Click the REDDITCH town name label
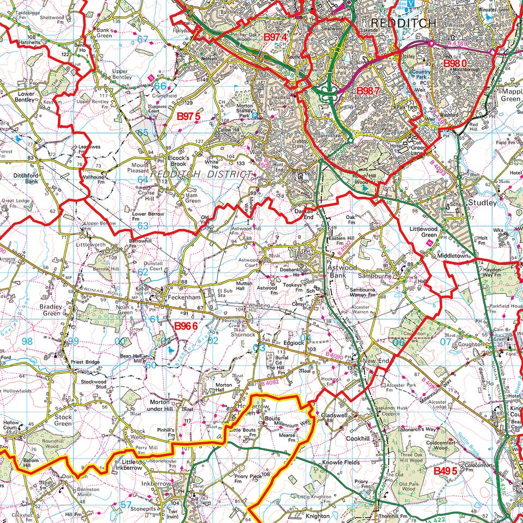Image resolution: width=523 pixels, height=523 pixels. [x=404, y=23]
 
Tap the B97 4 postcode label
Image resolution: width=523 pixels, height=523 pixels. [x=276, y=37]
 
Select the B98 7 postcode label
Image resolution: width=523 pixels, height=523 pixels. [x=368, y=90]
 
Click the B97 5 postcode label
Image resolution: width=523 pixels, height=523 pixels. [x=189, y=116]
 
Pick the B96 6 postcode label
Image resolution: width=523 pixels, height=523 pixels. [x=185, y=325]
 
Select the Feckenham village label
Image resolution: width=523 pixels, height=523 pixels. [x=182, y=299]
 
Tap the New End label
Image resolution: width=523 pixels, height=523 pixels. [x=376, y=362]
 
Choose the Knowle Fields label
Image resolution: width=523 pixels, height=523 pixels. [x=340, y=463]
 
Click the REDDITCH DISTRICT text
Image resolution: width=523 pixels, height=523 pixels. [x=202, y=174]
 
